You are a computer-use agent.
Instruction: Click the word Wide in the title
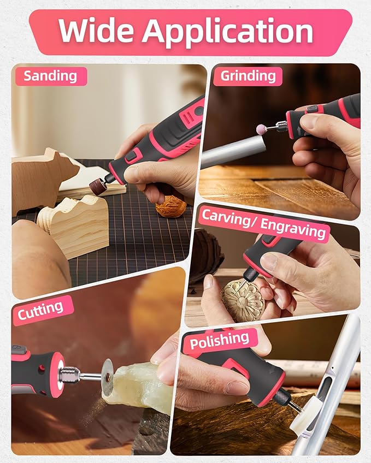coord(96,31)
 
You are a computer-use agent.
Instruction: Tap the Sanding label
coord(50,76)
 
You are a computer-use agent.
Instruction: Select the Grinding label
coord(248,76)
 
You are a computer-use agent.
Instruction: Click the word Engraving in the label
coord(293,229)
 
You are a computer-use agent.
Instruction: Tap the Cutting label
coord(40,311)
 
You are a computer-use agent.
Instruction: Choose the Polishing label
coord(219,341)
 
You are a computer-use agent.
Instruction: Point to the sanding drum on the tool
coord(98,186)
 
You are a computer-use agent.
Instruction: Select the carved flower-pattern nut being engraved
coord(243,301)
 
